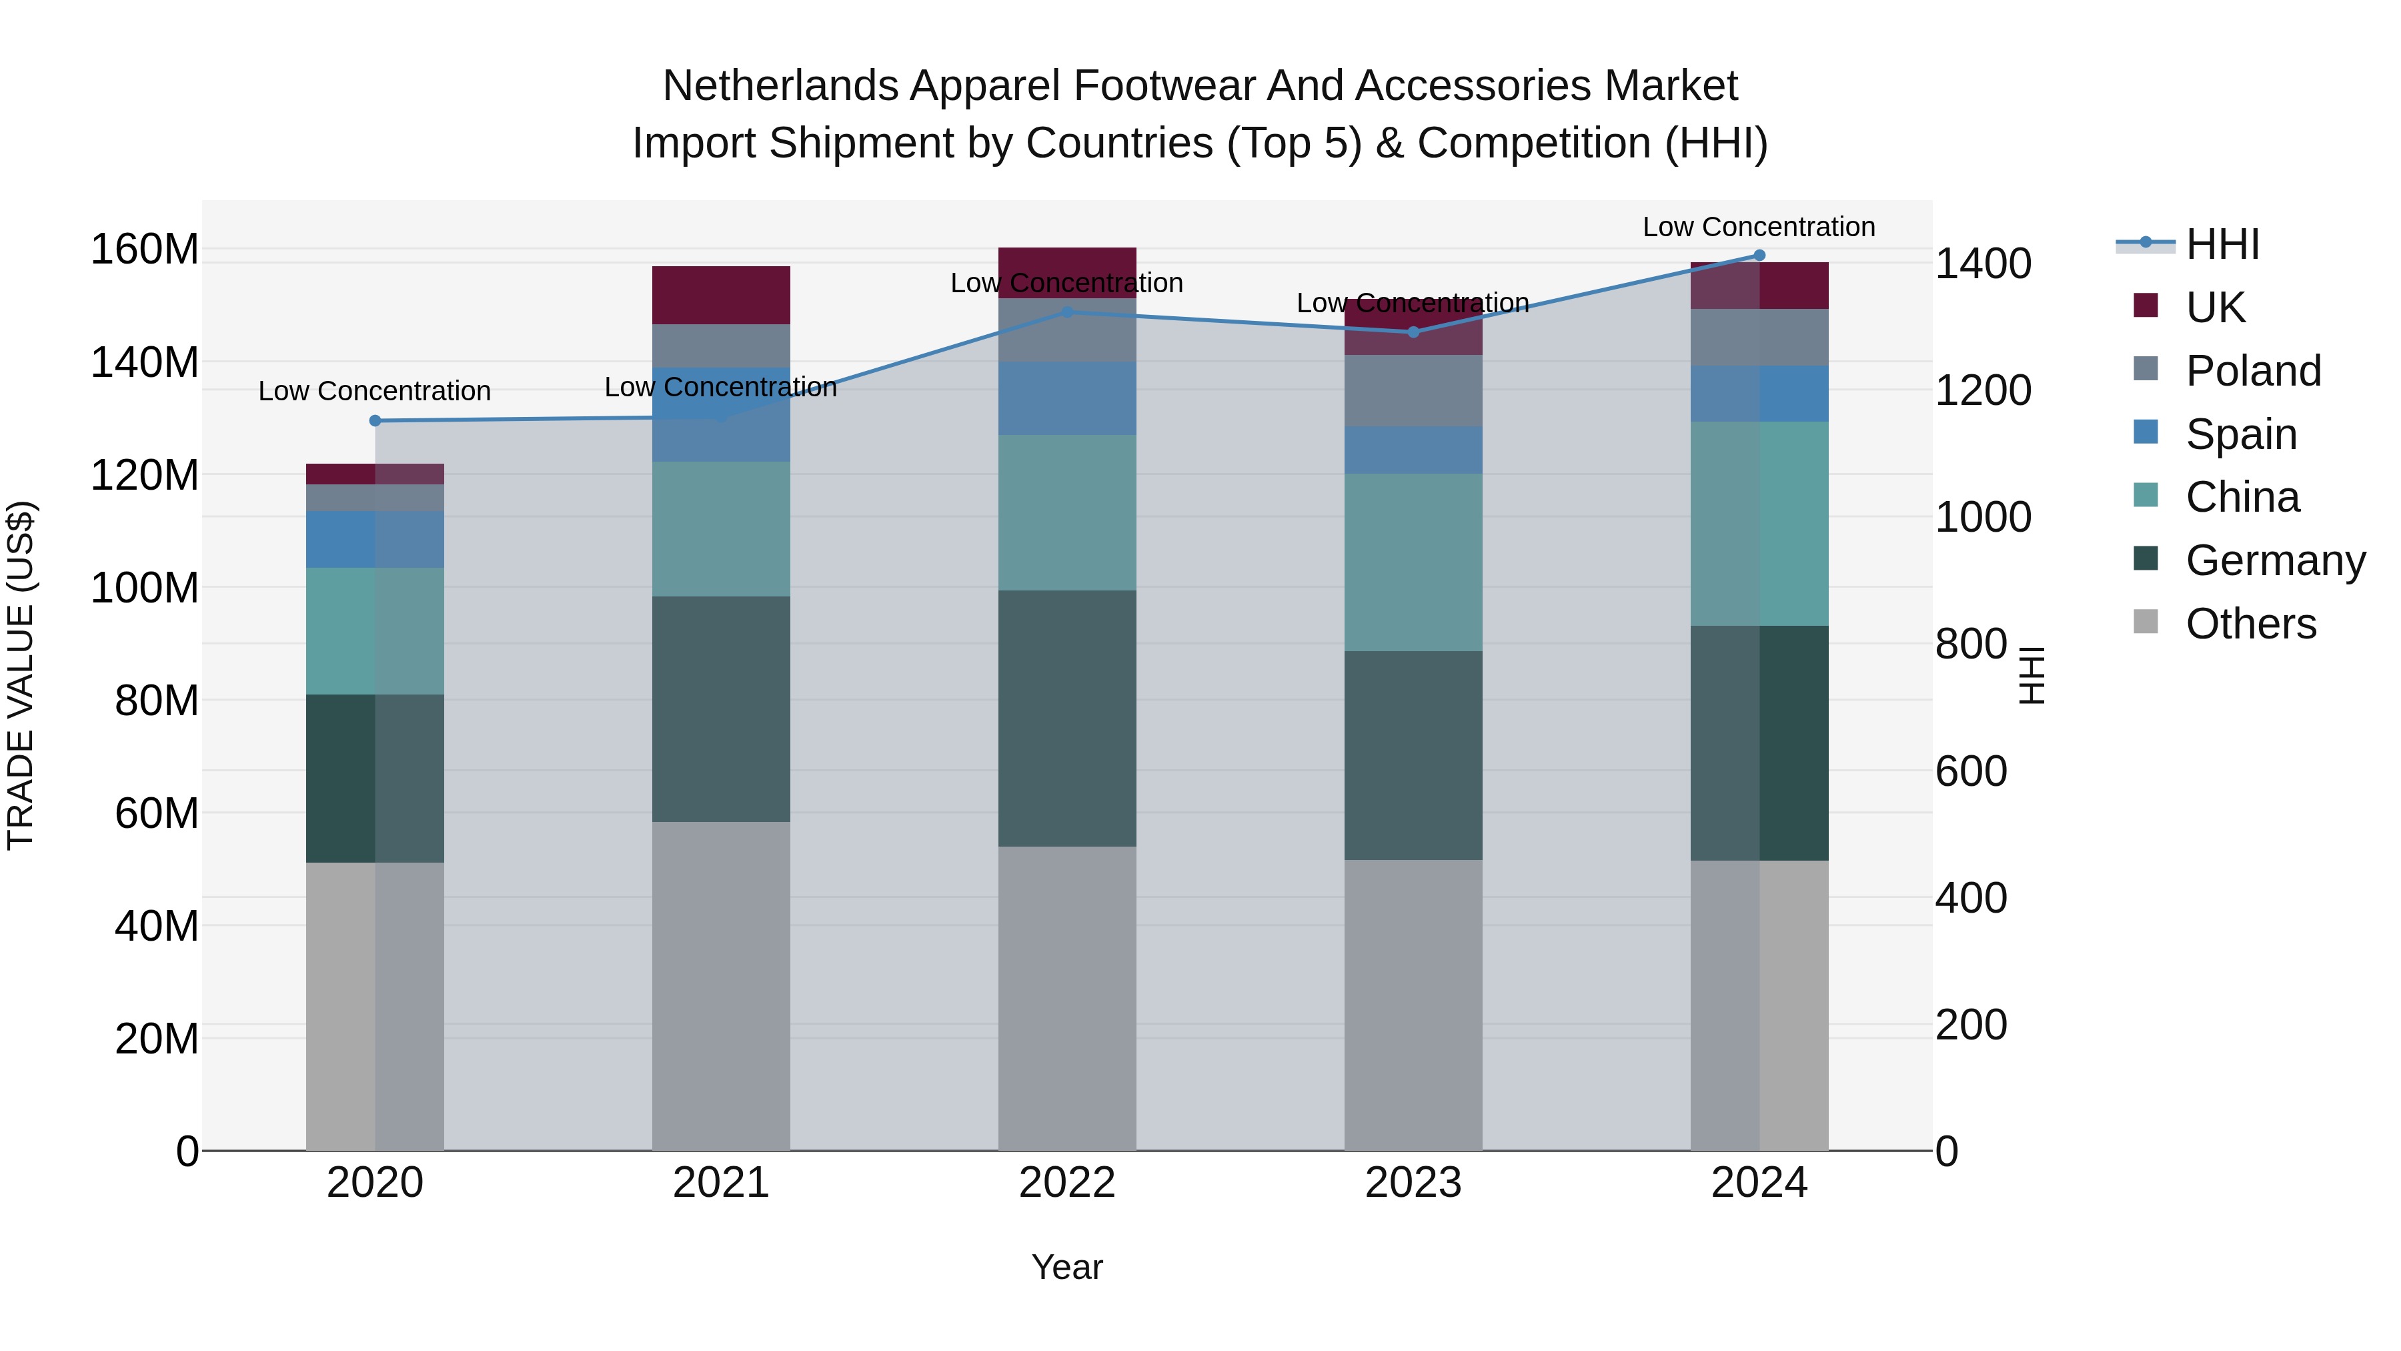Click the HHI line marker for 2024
[x=1759, y=256]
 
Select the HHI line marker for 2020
[x=375, y=420]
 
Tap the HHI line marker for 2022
[x=1067, y=312]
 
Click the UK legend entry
[x=2214, y=307]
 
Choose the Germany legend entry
[x=2274, y=560]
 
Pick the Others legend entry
[x=2250, y=624]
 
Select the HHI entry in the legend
[x=2221, y=244]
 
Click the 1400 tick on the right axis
[x=1983, y=264]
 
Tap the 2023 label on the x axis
[x=1413, y=1183]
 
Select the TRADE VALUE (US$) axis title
[x=21, y=675]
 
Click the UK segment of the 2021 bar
[x=720, y=296]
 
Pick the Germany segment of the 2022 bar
[x=1067, y=718]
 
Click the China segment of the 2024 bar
[x=1759, y=523]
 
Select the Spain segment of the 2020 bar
[x=375, y=539]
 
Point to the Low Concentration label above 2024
[x=1758, y=227]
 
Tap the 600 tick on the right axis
[x=1970, y=771]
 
